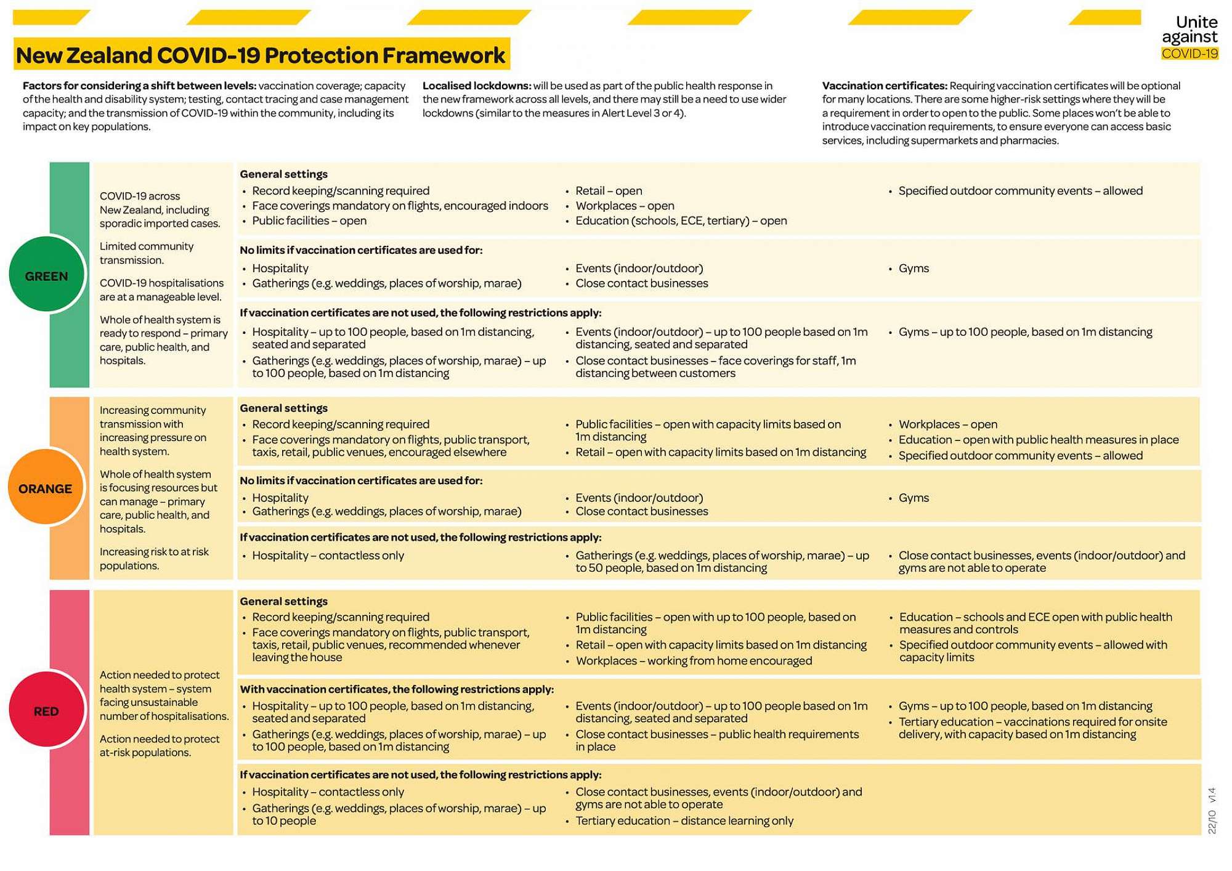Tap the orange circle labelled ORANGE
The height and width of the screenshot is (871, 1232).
[x=45, y=488]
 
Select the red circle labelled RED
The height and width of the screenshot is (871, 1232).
[x=46, y=711]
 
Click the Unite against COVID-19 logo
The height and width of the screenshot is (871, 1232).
[x=1189, y=38]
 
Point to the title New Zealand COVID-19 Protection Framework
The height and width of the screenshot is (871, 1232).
[x=261, y=55]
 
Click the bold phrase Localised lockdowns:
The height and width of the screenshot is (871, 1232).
[x=476, y=86]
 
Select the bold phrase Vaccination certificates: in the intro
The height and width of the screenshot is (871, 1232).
[x=884, y=86]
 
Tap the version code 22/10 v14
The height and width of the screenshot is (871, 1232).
[x=1212, y=811]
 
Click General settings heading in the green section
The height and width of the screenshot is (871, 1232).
[x=283, y=174]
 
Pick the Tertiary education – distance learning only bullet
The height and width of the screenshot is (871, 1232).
[x=684, y=820]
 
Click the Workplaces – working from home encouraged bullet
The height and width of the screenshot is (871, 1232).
[x=694, y=661]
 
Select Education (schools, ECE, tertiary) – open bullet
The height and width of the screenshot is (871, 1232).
[x=681, y=221]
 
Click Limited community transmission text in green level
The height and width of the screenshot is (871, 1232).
[x=146, y=253]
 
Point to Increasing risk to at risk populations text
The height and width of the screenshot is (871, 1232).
[x=154, y=559]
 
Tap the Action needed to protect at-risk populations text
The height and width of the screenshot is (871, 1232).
[x=159, y=745]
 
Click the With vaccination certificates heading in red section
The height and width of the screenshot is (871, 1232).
[x=396, y=689]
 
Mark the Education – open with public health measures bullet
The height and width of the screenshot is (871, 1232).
[x=1038, y=440]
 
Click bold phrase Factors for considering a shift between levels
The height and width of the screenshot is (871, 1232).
[x=139, y=86]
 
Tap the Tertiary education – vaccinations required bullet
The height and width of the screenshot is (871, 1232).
[x=1032, y=728]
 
